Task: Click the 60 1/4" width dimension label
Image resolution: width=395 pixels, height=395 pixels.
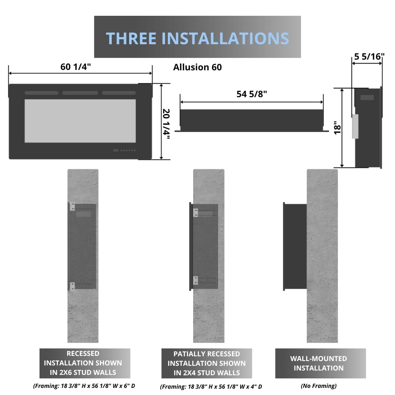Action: click(75, 66)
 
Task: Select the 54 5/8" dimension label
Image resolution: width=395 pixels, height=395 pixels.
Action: click(252, 94)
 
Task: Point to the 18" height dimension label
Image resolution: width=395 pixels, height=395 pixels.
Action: click(336, 128)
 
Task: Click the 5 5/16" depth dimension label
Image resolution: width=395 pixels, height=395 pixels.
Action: click(369, 56)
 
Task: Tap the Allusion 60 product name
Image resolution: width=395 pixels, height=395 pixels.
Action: click(197, 67)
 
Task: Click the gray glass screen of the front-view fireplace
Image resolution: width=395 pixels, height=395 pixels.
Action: click(80, 120)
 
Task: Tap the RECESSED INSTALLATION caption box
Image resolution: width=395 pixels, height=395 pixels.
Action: click(85, 363)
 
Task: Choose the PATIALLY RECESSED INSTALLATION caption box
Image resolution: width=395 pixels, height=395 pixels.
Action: click(207, 363)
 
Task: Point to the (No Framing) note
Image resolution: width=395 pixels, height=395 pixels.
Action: click(318, 386)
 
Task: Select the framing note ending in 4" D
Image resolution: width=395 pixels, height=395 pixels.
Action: click(211, 386)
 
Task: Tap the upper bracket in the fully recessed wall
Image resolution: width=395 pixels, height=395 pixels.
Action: click(72, 207)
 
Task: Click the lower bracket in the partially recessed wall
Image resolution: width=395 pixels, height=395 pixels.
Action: click(196, 281)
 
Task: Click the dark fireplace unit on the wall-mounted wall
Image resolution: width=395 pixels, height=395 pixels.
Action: click(295, 247)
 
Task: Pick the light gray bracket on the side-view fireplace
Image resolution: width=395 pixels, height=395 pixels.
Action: click(355, 126)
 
